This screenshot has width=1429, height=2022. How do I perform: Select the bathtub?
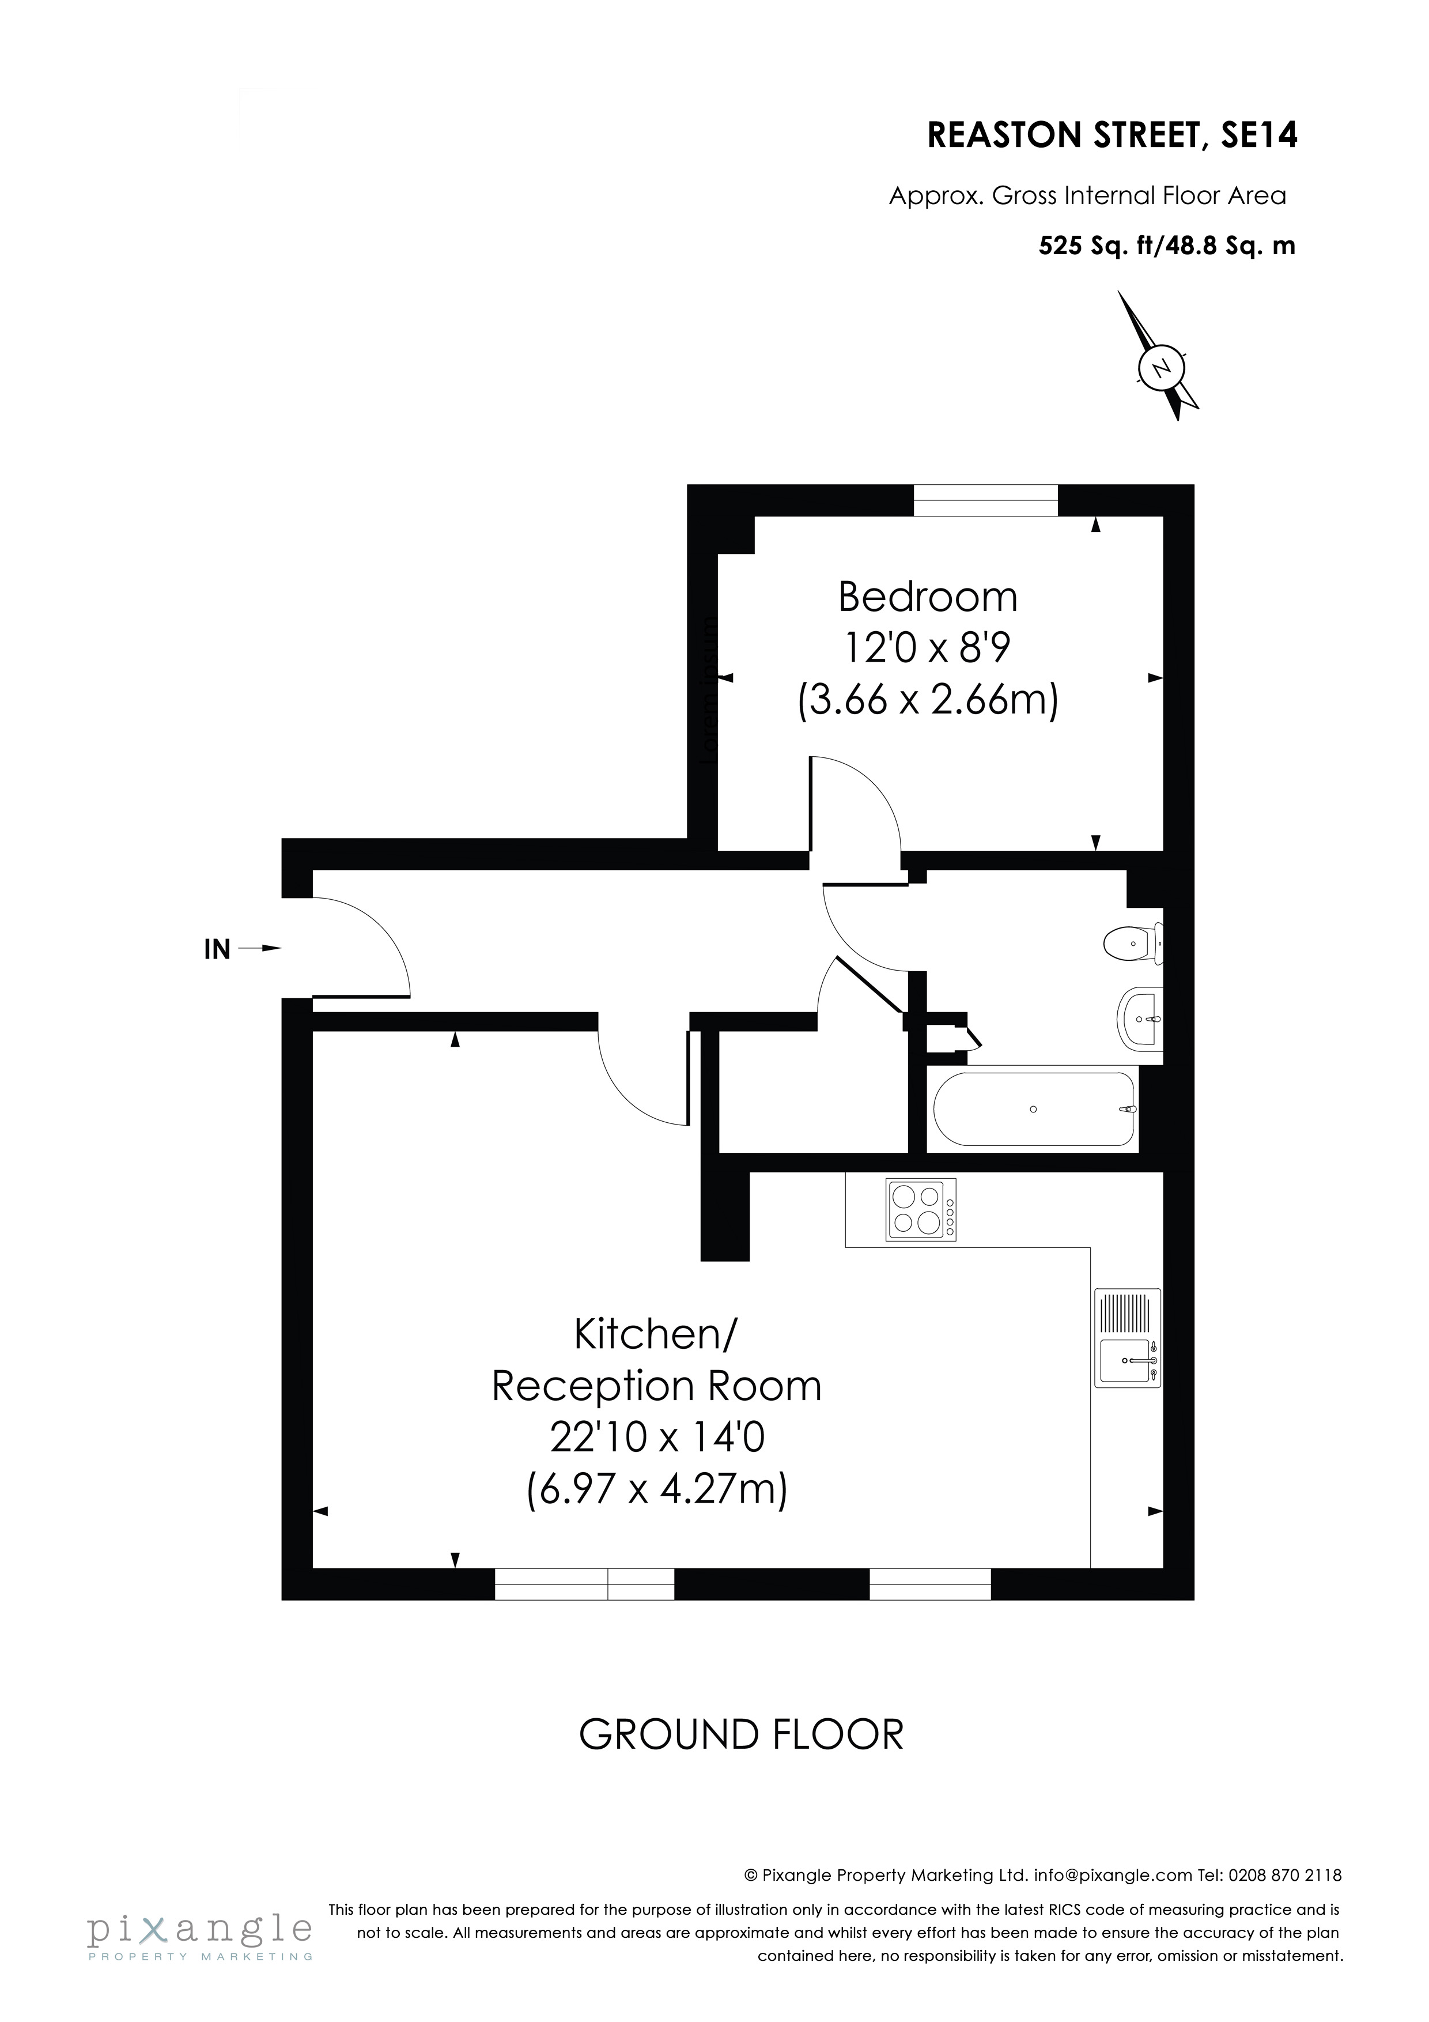tap(1034, 1109)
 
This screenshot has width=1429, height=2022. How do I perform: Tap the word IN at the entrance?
tap(217, 949)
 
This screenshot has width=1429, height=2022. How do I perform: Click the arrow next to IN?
tap(260, 949)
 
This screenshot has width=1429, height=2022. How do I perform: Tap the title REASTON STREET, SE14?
tap(1112, 135)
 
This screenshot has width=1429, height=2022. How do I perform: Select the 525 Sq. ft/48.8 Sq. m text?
tap(1167, 246)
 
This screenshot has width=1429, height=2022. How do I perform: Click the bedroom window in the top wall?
tap(985, 500)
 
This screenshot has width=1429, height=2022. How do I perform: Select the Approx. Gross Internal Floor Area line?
tap(1087, 195)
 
